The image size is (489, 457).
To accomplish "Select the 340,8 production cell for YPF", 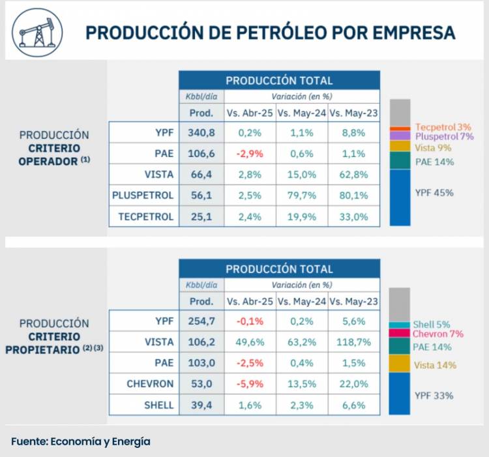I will click(201, 133).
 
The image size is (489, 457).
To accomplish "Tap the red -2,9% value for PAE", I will click(250, 154).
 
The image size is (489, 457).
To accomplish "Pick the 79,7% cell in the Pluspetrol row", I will click(302, 196).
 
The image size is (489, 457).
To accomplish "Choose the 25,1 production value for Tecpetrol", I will click(201, 217).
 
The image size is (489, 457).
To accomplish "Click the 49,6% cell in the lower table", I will click(250, 342).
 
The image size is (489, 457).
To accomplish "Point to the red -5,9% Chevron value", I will click(250, 384).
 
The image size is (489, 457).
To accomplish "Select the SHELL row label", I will click(159, 405).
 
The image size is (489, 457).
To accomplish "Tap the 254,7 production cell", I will click(201, 321).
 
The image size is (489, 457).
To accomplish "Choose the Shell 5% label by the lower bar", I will click(432, 325).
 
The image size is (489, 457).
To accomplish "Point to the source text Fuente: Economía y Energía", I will click(80, 441).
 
